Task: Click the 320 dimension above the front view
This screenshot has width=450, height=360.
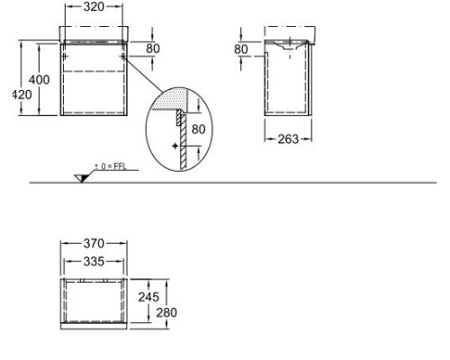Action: [x=94, y=6]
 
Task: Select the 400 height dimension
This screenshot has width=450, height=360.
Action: [x=40, y=80]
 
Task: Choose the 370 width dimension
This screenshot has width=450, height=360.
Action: [x=93, y=244]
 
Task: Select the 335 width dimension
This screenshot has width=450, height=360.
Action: [x=93, y=261]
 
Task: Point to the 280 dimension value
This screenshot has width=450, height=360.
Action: [x=166, y=312]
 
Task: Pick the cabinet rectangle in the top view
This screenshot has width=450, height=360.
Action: [x=94, y=301]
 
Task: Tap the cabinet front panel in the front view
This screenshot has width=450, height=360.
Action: [x=94, y=85]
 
